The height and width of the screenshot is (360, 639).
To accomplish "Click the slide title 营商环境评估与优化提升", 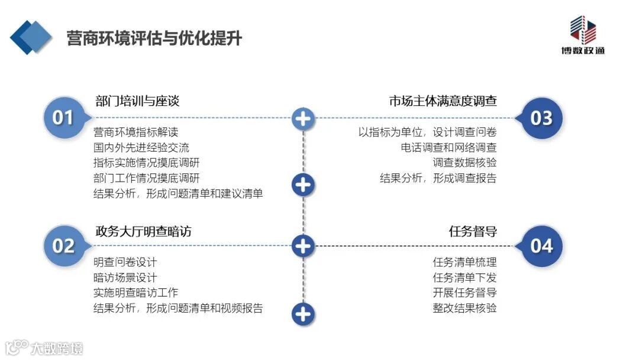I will pyautogui.click(x=154, y=38).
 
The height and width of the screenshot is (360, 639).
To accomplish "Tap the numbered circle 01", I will pyautogui.click(x=63, y=117).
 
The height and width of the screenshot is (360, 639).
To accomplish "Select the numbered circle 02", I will pyautogui.click(x=63, y=245).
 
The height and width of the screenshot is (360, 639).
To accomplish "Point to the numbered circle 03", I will pyautogui.click(x=541, y=118).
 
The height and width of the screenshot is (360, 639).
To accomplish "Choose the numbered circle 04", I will pyautogui.click(x=541, y=245).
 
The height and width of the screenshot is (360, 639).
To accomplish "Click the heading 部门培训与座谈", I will pyautogui.click(x=137, y=101).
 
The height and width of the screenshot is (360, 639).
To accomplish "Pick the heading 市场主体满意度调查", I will pyautogui.click(x=443, y=101).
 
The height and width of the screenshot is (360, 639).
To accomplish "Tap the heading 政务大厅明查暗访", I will pyautogui.click(x=143, y=231).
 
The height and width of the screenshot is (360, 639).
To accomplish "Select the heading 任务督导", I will pyautogui.click(x=473, y=231).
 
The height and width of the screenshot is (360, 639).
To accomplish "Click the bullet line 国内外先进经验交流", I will pyautogui.click(x=141, y=147).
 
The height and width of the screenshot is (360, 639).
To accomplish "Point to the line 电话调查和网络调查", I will pyautogui.click(x=448, y=147).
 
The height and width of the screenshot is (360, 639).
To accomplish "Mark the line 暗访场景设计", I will pyautogui.click(x=125, y=277).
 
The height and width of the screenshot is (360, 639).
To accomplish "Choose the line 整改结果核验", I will pyautogui.click(x=464, y=308).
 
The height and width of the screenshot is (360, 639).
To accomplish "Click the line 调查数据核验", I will pyautogui.click(x=464, y=162).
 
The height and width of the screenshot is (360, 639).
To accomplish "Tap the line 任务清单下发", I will pyautogui.click(x=464, y=277).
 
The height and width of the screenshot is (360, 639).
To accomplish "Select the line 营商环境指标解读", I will pyautogui.click(x=135, y=131).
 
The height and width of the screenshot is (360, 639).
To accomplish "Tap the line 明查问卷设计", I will pyautogui.click(x=125, y=262).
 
